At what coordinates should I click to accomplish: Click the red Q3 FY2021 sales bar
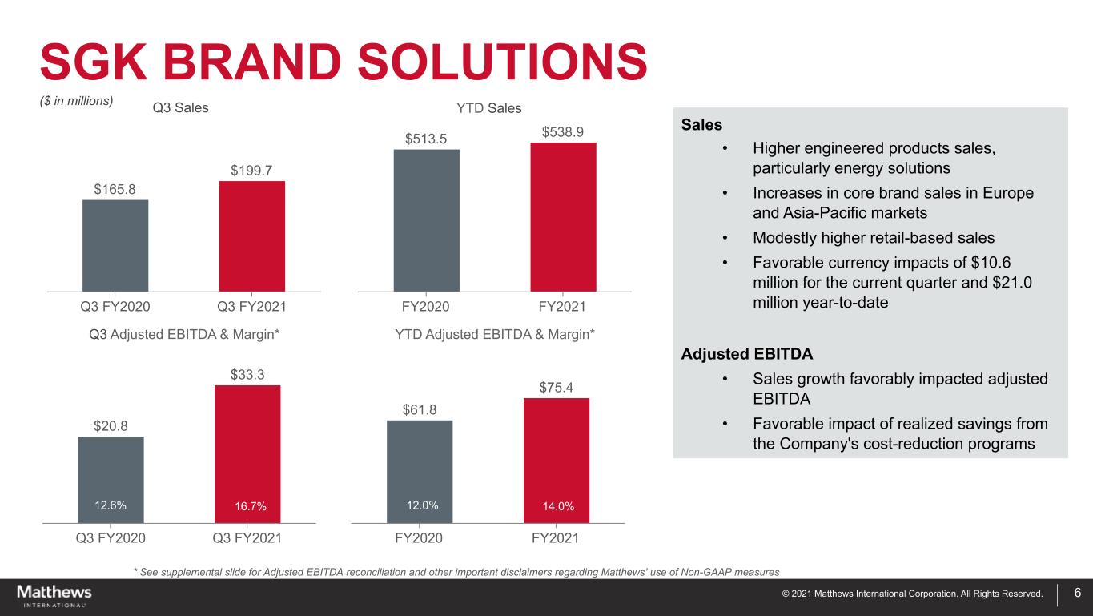pyautogui.click(x=251, y=236)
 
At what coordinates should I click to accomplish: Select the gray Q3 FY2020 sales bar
pyautogui.click(x=115, y=246)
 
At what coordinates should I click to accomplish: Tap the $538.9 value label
pyautogui.click(x=563, y=132)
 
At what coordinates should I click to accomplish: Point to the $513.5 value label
pyautogui.click(x=426, y=139)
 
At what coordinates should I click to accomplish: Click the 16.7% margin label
pyautogui.click(x=251, y=506)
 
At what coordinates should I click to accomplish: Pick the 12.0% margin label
pyautogui.click(x=423, y=505)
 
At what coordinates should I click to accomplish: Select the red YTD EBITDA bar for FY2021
pyautogui.click(x=557, y=461)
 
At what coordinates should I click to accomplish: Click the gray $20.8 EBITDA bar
pyautogui.click(x=111, y=480)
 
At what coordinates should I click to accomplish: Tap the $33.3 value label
pyautogui.click(x=247, y=374)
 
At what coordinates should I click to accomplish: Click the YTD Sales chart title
pyautogui.click(x=489, y=108)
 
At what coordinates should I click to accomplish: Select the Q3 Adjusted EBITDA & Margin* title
pyautogui.click(x=184, y=334)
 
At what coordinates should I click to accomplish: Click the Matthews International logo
pyautogui.click(x=54, y=596)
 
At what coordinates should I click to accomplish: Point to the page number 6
pyautogui.click(x=1078, y=593)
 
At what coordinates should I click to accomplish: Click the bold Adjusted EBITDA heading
pyautogui.click(x=747, y=354)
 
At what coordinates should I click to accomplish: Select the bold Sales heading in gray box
pyautogui.click(x=701, y=124)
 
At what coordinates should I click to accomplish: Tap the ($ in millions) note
pyautogui.click(x=77, y=101)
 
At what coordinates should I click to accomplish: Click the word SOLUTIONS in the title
pyautogui.click(x=503, y=62)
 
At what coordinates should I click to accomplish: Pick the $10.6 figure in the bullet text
pyautogui.click(x=991, y=263)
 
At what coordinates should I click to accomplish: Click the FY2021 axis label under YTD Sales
pyautogui.click(x=562, y=307)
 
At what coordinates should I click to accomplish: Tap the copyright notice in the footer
pyautogui.click(x=912, y=594)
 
